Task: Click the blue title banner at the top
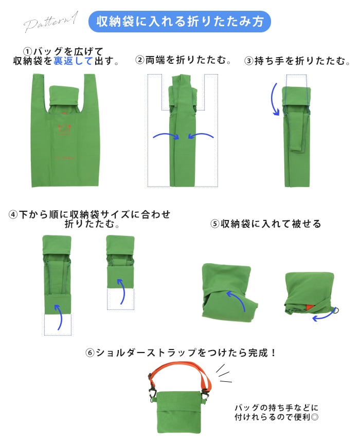179,22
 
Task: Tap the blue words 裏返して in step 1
73,61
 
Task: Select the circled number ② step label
140,60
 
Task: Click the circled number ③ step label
248,61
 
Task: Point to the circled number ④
13,215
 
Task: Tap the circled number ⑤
214,224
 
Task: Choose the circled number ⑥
89,353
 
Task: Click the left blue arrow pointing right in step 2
167,136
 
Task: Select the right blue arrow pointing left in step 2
201,136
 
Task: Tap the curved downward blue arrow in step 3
274,99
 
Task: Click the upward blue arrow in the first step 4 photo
59,318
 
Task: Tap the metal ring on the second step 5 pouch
335,310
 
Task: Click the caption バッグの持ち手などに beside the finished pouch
277,408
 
